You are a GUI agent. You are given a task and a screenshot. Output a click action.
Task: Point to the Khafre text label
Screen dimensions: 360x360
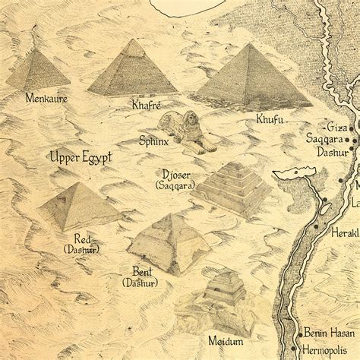pyautogui.click(x=147, y=105)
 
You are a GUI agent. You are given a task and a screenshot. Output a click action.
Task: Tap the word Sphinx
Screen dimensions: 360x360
pyautogui.click(x=154, y=141)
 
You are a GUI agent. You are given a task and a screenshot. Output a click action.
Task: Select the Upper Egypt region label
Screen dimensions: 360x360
pyautogui.click(x=81, y=157)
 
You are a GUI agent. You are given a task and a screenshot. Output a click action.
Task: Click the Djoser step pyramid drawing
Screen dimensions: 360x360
pyautogui.click(x=231, y=186)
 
